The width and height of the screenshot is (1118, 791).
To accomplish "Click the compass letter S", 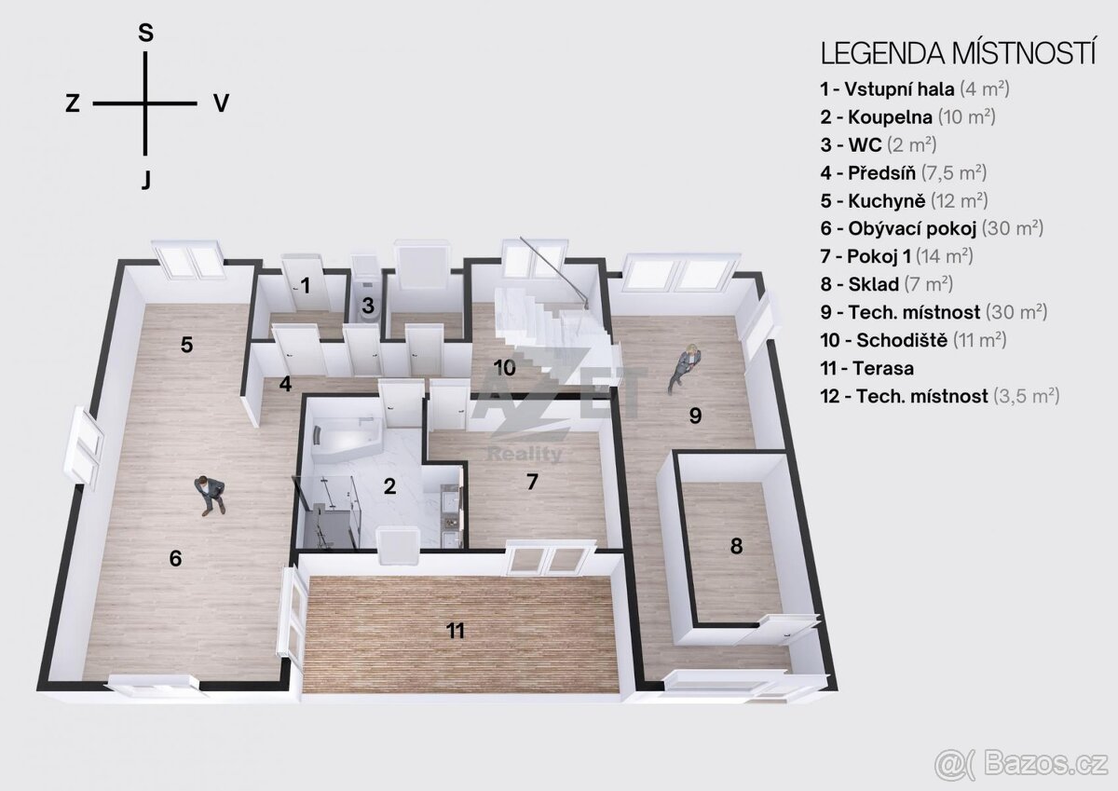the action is click(145, 33).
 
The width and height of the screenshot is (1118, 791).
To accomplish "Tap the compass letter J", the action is click(145, 180).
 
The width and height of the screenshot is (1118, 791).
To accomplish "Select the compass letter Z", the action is click(73, 104).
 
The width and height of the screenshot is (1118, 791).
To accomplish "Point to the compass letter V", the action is click(221, 103).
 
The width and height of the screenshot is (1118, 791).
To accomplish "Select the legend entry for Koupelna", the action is click(907, 117).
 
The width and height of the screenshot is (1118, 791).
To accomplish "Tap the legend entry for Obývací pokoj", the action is click(932, 228).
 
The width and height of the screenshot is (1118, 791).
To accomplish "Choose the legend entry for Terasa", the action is click(867, 368).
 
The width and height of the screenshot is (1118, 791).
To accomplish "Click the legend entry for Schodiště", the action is click(913, 340).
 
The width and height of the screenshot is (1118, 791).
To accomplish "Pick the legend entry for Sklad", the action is click(886, 284).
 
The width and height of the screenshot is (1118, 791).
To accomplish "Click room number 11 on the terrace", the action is click(456, 631).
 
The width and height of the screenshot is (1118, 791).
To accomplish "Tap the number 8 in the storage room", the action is click(737, 546).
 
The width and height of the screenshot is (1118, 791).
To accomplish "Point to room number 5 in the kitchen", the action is click(186, 345).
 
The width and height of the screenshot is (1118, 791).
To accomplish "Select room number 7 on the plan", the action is click(533, 482).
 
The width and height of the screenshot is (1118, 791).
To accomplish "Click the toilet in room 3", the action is click(367, 306).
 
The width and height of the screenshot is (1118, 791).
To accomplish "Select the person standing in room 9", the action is click(686, 369).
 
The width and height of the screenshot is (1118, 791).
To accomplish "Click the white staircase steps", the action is click(549, 324).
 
